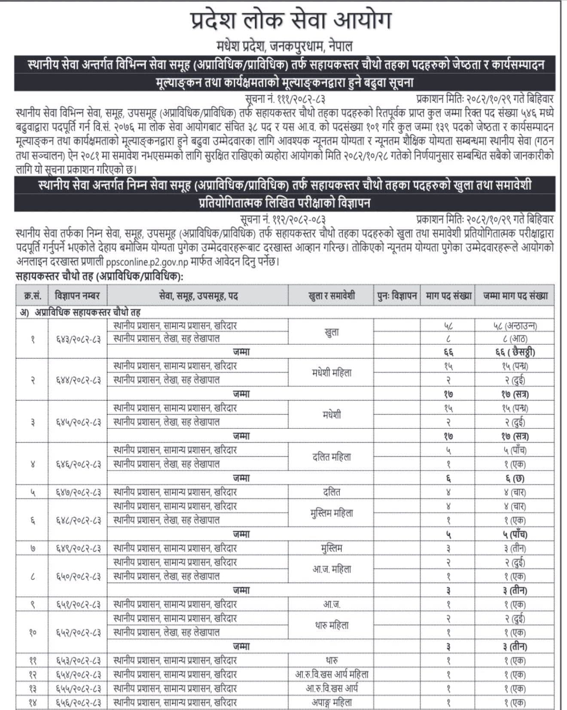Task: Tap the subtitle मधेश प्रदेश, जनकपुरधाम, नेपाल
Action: click(x=284, y=46)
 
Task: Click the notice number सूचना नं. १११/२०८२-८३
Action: click(x=285, y=99)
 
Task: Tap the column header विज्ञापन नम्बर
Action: click(x=77, y=296)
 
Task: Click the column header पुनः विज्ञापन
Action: click(x=397, y=296)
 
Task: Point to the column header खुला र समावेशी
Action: click(x=332, y=296)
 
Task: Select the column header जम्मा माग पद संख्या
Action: click(x=515, y=296)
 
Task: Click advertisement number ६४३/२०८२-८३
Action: click(x=78, y=339)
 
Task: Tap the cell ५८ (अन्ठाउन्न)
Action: click(x=515, y=325)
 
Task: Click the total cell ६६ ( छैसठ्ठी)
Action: click(x=515, y=352)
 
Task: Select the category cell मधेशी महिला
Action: click(x=332, y=373)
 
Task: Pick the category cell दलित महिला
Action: click(x=332, y=457)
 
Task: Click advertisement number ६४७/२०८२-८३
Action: click(x=78, y=492)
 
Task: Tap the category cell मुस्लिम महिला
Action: click(x=332, y=513)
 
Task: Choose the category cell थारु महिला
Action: click(x=332, y=625)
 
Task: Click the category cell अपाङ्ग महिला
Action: click(x=332, y=703)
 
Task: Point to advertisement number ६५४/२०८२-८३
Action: click(x=78, y=675)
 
